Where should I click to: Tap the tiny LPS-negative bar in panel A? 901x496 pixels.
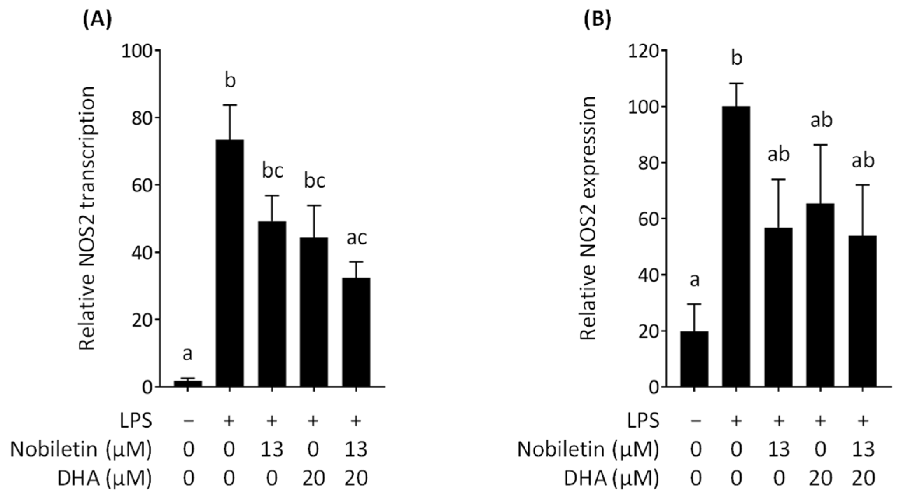tap(188, 384)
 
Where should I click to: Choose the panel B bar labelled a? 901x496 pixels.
tap(694, 359)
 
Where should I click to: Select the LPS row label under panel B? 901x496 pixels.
tap(644, 421)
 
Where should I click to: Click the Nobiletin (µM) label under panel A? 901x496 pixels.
tap(81, 450)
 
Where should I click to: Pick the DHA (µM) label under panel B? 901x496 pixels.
tap(611, 479)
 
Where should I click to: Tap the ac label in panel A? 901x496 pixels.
tap(356, 238)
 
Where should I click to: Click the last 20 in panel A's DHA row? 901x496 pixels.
tap(356, 479)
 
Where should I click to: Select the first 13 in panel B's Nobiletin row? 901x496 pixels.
tap(779, 450)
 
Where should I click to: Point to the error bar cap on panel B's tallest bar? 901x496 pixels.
tap(736, 83)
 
